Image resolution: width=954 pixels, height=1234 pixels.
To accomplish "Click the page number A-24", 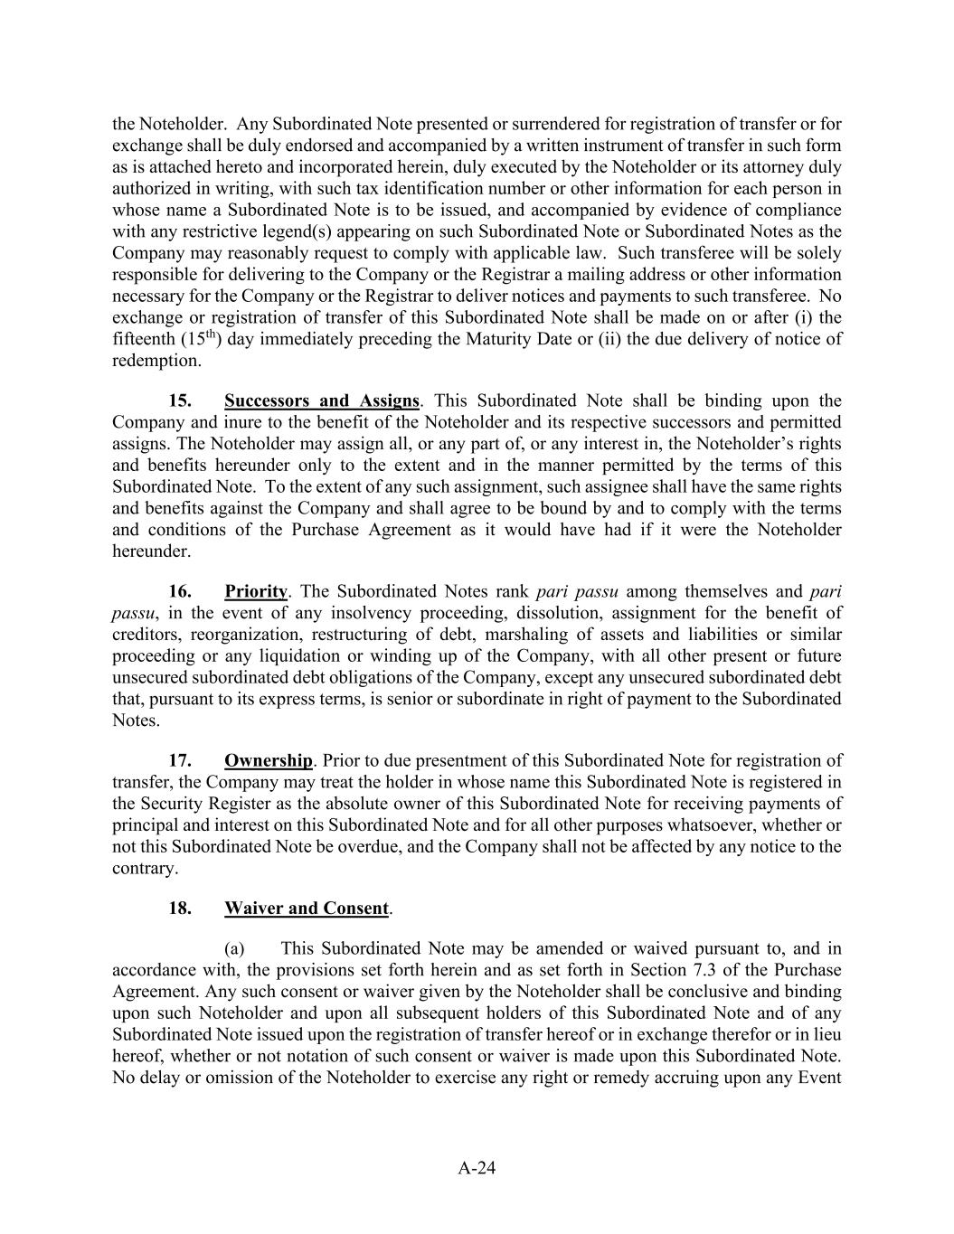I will pos(477,1168).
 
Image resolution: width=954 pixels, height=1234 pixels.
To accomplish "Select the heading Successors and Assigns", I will pos(321,400).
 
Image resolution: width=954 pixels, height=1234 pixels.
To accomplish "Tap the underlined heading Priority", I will pos(255,592).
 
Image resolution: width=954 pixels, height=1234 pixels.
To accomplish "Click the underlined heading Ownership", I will pos(268,761).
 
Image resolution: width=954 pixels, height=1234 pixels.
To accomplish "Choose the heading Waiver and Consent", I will pos(307,909).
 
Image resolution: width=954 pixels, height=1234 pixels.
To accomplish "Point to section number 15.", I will pos(180,400).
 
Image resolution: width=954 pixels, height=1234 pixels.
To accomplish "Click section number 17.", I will pos(180,761).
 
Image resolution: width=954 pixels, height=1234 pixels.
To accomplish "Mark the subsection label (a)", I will pos(235,948).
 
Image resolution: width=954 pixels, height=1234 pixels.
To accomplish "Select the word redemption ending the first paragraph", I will pos(156,361).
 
